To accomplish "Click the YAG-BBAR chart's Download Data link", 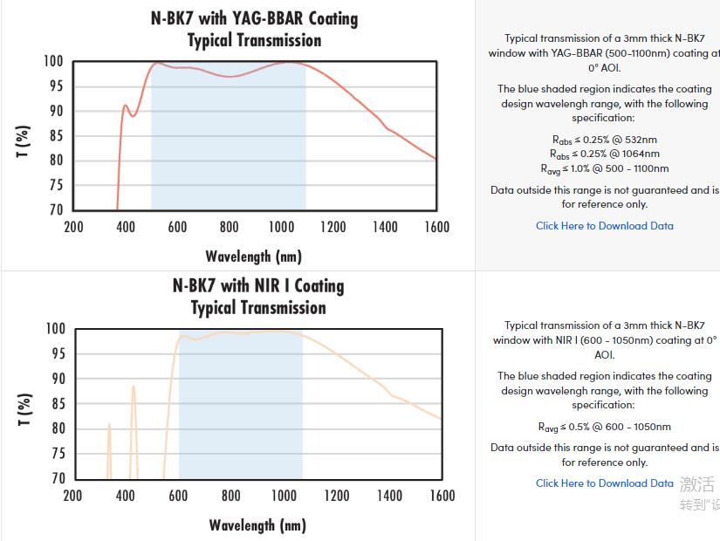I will pyautogui.click(x=604, y=226).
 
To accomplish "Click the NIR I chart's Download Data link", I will pyautogui.click(x=604, y=483).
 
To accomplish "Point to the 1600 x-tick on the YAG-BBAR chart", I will pyautogui.click(x=436, y=228).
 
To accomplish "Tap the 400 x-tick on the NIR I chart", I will pyautogui.click(x=126, y=496).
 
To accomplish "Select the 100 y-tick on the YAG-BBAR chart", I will pyautogui.click(x=53, y=62).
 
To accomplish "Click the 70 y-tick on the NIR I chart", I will pyautogui.click(x=58, y=478).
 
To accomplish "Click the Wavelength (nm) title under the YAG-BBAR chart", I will pyautogui.click(x=253, y=257).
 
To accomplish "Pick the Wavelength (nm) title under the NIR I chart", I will pyautogui.click(x=257, y=525).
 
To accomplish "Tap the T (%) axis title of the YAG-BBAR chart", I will pyautogui.click(x=24, y=141).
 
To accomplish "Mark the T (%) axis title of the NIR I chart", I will pyautogui.click(x=24, y=409).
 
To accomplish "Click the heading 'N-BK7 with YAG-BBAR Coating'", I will pyautogui.click(x=254, y=18).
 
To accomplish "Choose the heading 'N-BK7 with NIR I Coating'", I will pyautogui.click(x=258, y=286).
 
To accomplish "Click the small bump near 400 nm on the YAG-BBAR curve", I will pyautogui.click(x=125, y=106).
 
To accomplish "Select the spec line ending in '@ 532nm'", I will pyautogui.click(x=604, y=140).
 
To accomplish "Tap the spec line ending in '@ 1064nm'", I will pyautogui.click(x=604, y=154).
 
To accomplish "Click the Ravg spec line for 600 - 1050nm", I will pyautogui.click(x=604, y=428).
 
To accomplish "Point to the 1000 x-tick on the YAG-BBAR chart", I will pyautogui.click(x=281, y=228).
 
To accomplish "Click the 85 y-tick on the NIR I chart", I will pyautogui.click(x=58, y=404).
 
